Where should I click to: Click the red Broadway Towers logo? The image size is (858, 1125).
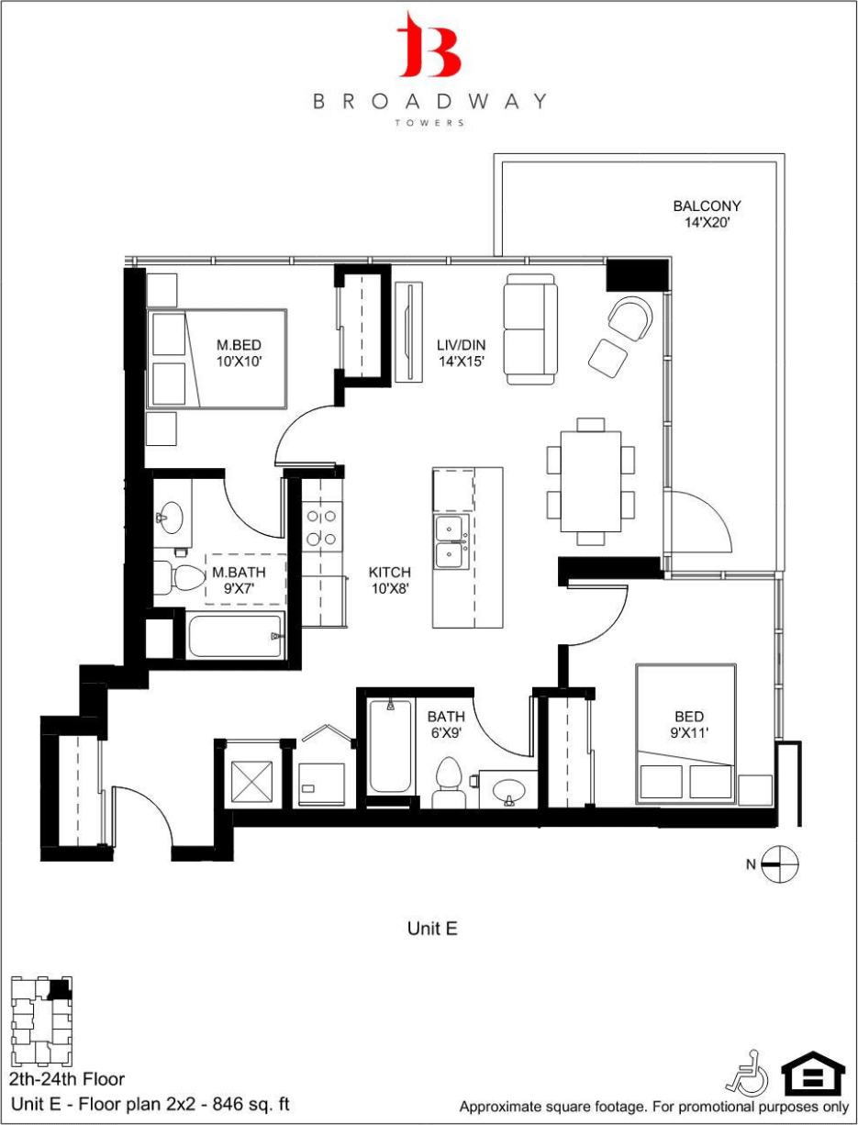pos(429,45)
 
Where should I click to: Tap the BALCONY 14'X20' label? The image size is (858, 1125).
pos(706,214)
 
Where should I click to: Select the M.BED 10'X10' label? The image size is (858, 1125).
pos(240,353)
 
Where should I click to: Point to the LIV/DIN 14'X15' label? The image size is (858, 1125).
pos(460,353)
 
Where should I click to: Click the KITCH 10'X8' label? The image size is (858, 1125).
pos(389,581)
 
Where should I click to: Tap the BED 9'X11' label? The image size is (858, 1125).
pos(689,725)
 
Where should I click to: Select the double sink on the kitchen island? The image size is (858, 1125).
pos(451,542)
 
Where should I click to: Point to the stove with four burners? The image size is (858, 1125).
pos(322,527)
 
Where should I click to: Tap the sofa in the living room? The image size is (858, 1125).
pos(529,329)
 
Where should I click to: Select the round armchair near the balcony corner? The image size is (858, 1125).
pos(630,317)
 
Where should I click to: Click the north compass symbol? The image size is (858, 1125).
pos(780,863)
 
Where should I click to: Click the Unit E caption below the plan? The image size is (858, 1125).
pos(432,929)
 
